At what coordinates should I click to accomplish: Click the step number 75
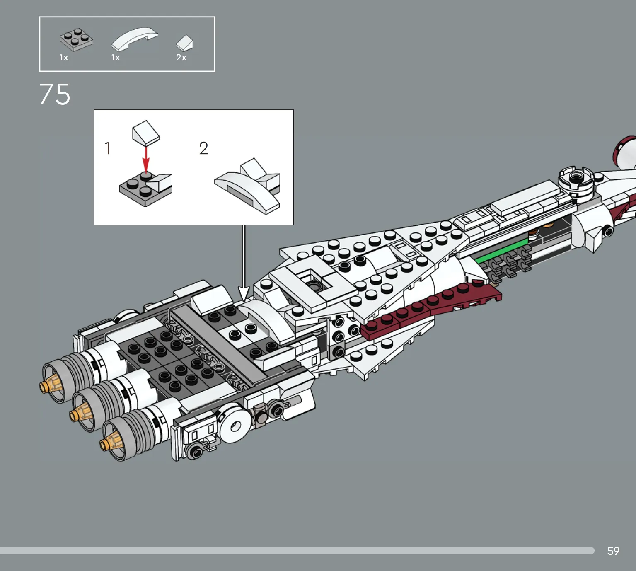click(55, 94)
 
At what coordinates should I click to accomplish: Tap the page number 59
click(613, 551)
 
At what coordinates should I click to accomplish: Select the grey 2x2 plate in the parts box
click(76, 39)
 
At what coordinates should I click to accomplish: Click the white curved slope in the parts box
click(135, 39)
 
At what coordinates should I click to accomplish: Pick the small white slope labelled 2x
click(185, 43)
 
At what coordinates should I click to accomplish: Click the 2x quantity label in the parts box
click(181, 58)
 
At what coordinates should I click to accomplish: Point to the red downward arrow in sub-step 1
click(146, 160)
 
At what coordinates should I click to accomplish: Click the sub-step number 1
click(108, 148)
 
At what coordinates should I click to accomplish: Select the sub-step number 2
click(203, 148)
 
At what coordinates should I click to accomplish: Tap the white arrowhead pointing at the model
click(244, 293)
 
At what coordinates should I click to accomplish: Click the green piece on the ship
click(502, 250)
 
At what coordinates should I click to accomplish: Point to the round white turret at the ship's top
click(576, 181)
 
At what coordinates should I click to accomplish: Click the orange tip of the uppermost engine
click(47, 384)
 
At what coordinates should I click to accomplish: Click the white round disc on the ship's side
click(233, 426)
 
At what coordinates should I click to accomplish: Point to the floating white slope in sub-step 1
click(146, 133)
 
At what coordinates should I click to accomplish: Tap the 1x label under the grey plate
click(64, 58)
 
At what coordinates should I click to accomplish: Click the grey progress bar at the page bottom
click(297, 551)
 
